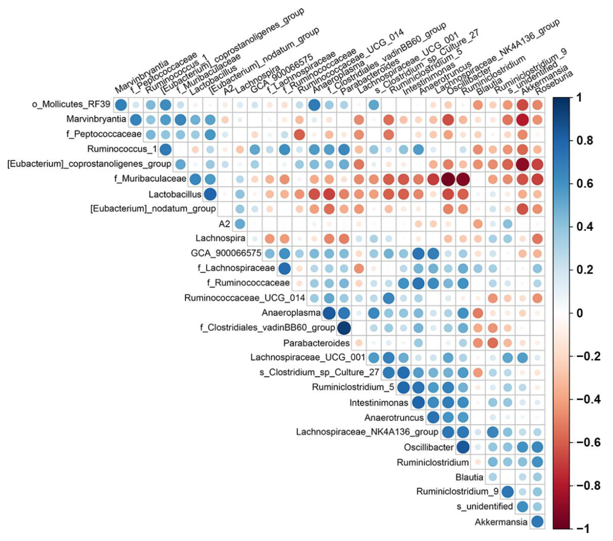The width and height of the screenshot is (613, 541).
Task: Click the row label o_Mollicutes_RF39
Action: pyautogui.click(x=71, y=104)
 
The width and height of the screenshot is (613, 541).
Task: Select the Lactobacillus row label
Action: pyautogui.click(x=175, y=194)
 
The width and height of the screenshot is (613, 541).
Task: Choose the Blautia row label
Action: pyautogui.click(x=469, y=477)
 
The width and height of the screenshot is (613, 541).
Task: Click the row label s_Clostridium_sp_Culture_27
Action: pyautogui.click(x=319, y=372)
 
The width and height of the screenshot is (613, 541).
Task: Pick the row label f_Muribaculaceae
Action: pyautogui.click(x=150, y=179)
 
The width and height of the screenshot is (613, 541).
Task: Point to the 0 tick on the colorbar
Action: pyautogui.click(x=580, y=313)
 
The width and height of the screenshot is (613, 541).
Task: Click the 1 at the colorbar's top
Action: pyautogui.click(x=579, y=98)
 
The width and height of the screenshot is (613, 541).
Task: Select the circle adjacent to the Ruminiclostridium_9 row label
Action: pyautogui.click(x=507, y=492)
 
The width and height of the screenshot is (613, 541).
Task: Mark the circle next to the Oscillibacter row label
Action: pyautogui.click(x=463, y=447)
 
